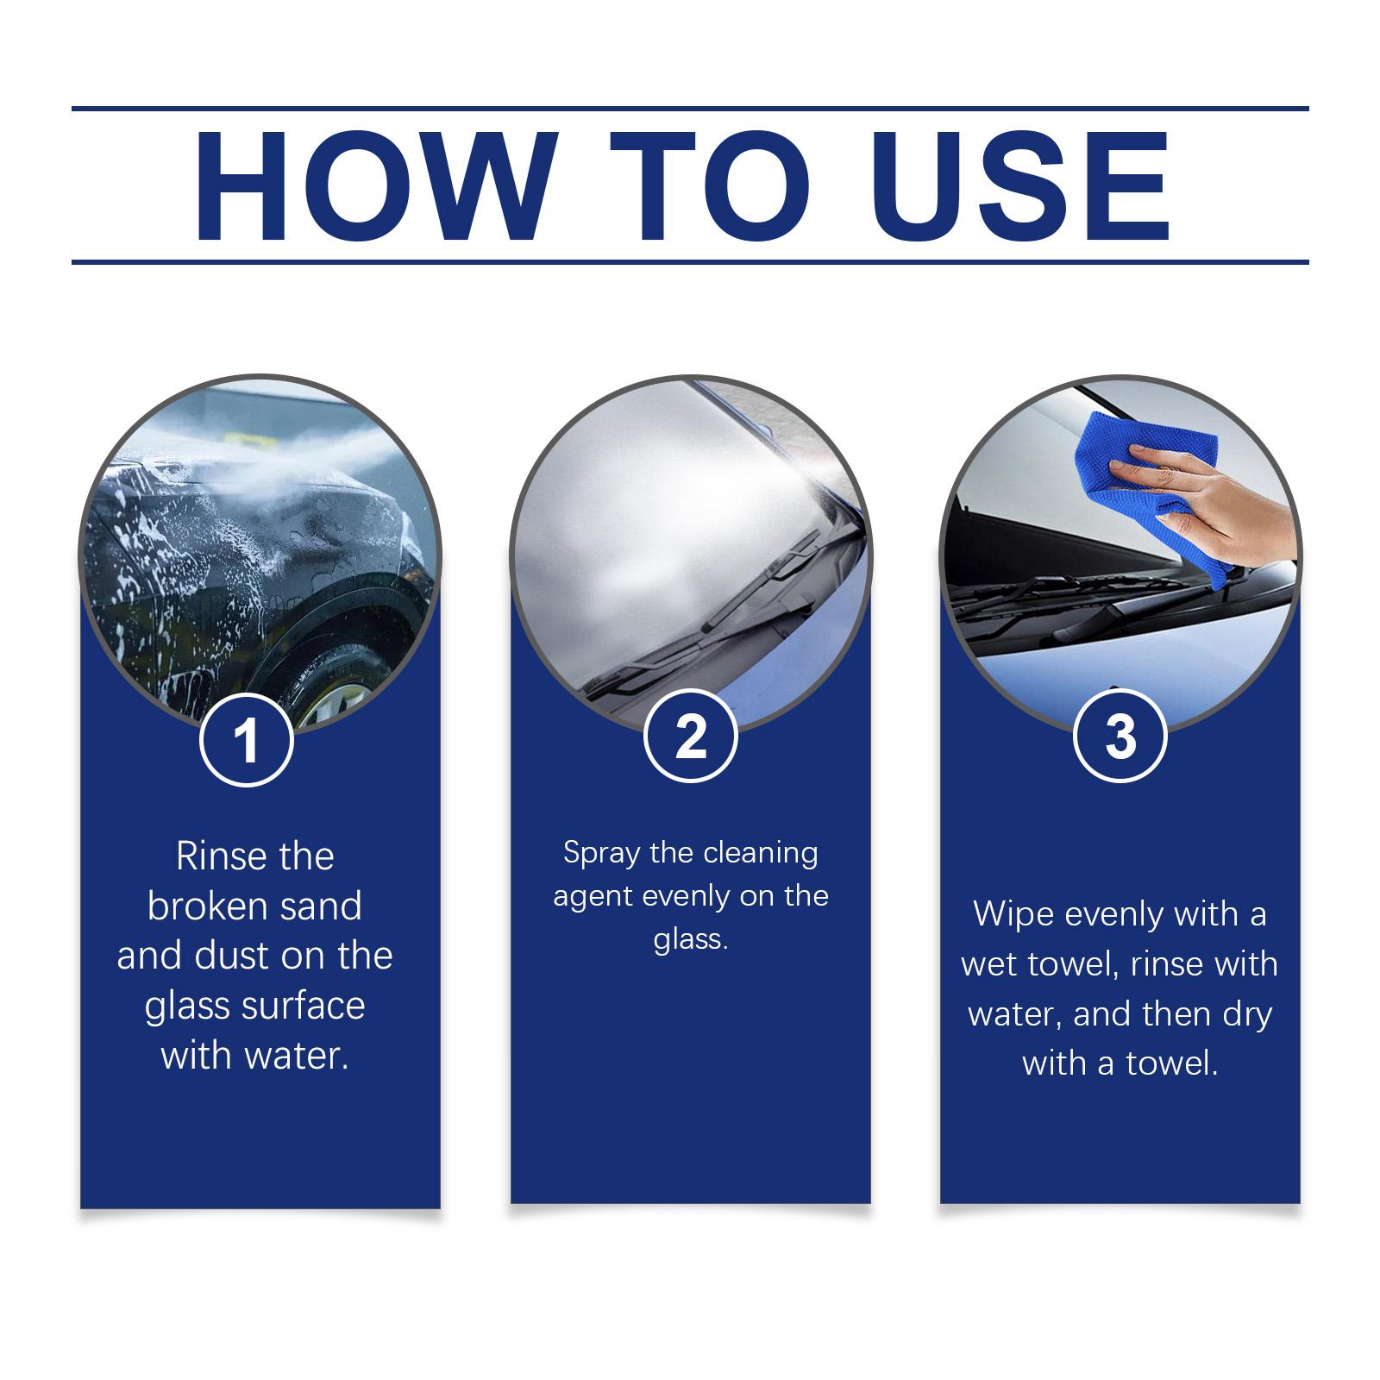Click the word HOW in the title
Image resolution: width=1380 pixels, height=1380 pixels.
click(372, 186)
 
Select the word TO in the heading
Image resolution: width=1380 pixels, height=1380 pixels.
click(710, 186)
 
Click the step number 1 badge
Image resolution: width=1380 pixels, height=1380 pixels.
click(247, 739)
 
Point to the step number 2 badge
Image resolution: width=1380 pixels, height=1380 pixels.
click(690, 737)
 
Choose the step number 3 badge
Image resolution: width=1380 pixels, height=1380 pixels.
click(1120, 737)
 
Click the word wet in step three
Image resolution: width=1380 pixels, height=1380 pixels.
click(989, 965)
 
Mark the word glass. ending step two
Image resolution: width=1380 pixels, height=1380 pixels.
click(690, 940)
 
